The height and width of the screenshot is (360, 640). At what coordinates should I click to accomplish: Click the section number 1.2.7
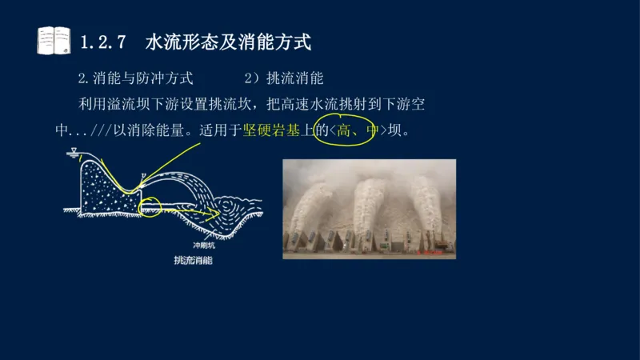click(x=106, y=41)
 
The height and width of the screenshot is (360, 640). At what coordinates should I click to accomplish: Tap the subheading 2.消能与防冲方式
click(x=135, y=79)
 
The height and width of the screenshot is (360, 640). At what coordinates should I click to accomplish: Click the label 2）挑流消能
click(x=283, y=79)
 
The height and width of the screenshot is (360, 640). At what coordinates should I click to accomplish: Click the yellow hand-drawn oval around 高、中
click(x=345, y=130)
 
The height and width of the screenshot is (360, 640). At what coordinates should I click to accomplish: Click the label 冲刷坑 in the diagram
click(x=205, y=246)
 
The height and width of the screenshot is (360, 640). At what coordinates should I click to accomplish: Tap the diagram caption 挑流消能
click(x=193, y=261)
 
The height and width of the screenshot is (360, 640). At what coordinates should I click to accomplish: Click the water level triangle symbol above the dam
click(x=74, y=150)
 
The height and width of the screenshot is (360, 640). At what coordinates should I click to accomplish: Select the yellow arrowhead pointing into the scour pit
click(x=214, y=214)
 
